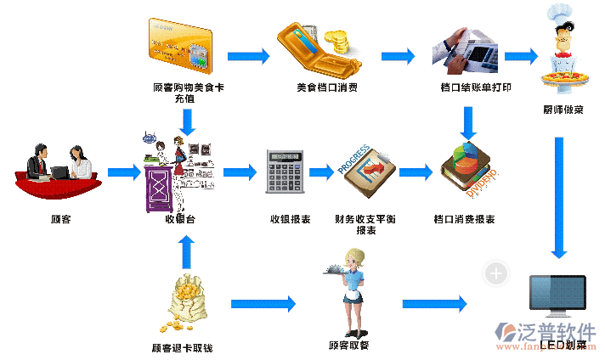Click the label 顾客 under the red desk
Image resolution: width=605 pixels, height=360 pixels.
coord(60,220)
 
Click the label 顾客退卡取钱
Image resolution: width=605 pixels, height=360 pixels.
coord(182,348)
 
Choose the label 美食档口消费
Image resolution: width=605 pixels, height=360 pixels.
coord(327,87)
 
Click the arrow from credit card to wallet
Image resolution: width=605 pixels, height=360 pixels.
coord(248,56)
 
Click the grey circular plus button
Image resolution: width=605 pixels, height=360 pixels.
coord(496,273)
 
